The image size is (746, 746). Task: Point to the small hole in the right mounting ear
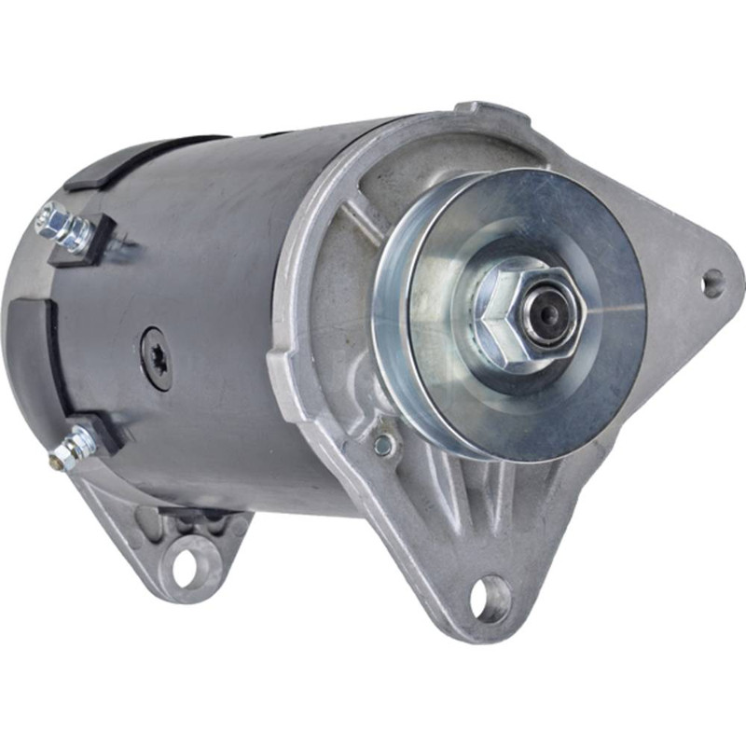point(713,282)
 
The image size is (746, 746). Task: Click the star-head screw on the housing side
point(156,357)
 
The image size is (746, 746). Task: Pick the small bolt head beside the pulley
point(383,446)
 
